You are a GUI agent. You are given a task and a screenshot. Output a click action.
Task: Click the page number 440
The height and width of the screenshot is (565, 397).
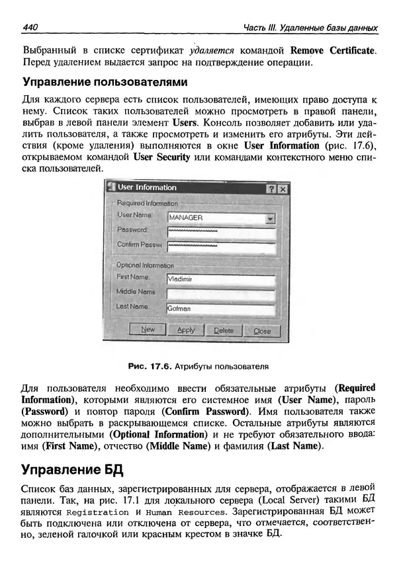[31, 28]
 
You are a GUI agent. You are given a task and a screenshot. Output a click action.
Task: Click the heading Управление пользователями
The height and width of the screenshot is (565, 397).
[105, 83]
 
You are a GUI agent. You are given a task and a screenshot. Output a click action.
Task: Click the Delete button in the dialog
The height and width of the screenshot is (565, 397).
[223, 330]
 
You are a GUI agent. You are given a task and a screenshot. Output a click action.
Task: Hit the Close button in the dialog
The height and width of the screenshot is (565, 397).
[262, 330]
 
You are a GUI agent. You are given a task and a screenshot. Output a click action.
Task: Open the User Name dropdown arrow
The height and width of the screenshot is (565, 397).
[270, 217]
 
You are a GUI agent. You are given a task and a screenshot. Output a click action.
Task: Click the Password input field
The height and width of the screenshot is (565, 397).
[220, 232]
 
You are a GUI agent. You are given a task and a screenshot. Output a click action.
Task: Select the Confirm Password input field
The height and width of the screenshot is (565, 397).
[220, 246]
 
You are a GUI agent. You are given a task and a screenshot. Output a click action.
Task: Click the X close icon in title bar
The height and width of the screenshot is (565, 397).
[283, 188]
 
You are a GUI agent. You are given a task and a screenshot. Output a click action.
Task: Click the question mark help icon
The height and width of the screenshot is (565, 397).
[271, 188]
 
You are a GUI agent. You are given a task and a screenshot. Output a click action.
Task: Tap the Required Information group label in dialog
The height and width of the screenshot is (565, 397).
[147, 204]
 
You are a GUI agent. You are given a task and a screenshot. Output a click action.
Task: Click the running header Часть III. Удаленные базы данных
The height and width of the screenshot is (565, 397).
[310, 28]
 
